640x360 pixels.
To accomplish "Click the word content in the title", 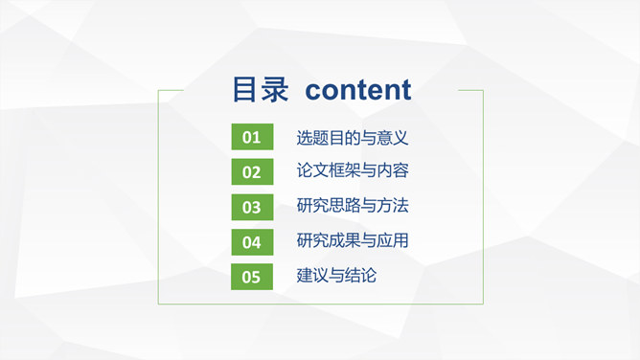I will pos(358,90).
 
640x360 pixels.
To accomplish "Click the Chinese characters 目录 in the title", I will pos(260,90).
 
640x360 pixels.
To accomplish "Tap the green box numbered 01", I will pos(251,138).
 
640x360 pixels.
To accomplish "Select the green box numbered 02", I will pos(251,172).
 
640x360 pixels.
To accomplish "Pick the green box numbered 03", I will pos(251,207).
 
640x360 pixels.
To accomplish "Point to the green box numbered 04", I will pos(251,242).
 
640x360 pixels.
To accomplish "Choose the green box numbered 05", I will pos(251,277).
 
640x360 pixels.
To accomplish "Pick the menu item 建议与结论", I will pos(337,276).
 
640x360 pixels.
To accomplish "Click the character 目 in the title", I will pos(245,90).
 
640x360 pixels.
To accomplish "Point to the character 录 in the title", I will pos(274,90).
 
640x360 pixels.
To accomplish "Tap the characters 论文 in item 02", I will pos(313,171).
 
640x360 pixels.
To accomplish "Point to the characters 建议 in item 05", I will pos(313,276).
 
